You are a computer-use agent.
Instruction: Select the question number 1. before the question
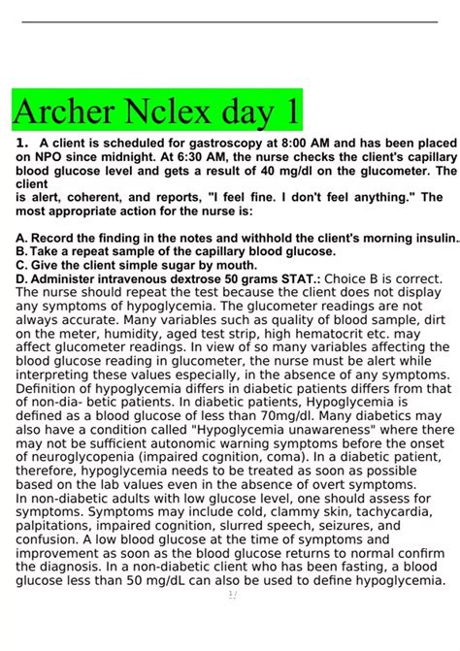click(x=22, y=143)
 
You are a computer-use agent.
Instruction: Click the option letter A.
click(x=22, y=238)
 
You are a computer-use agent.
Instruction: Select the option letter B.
click(x=22, y=250)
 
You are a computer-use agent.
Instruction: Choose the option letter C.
click(x=22, y=263)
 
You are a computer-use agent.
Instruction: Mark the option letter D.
click(x=22, y=277)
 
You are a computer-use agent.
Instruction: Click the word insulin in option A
click(x=432, y=238)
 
